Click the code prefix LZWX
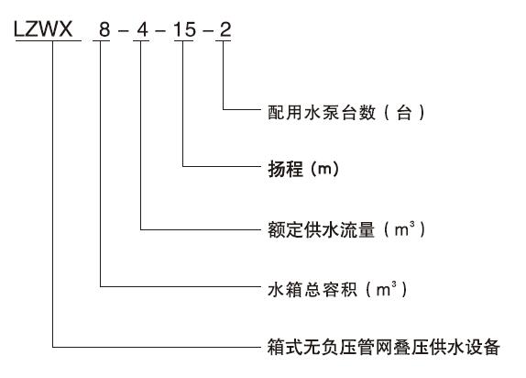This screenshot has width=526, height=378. (x=43, y=29)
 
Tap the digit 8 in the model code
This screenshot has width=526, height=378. (x=104, y=29)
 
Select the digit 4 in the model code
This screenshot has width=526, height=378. (x=142, y=29)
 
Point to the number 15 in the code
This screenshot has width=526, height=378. (x=184, y=29)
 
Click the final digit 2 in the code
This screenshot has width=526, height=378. (x=225, y=29)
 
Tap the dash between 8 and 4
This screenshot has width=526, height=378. (x=123, y=31)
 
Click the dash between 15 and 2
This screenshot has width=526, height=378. (x=208, y=31)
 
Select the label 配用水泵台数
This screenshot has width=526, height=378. (x=322, y=112)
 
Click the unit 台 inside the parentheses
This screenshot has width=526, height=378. (x=404, y=112)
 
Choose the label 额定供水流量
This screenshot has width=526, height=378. (x=321, y=230)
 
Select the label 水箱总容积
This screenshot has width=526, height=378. (x=312, y=289)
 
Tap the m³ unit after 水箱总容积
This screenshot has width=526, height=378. (x=386, y=289)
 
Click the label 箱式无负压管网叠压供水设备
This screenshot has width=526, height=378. (x=384, y=347)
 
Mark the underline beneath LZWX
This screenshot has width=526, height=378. (x=49, y=41)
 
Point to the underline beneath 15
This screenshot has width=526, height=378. (x=184, y=41)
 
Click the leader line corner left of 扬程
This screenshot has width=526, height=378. (x=183, y=166)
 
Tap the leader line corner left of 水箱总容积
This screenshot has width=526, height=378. (x=100, y=286)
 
